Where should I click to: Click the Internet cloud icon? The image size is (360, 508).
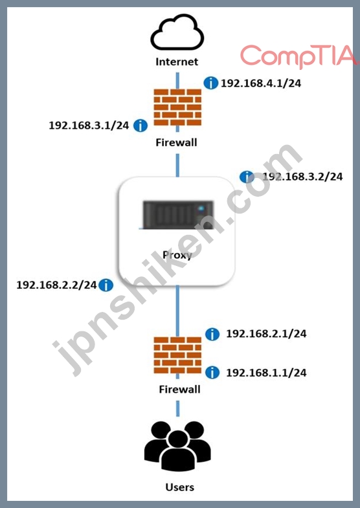pos(177,32)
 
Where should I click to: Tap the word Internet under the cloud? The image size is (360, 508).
pos(177,61)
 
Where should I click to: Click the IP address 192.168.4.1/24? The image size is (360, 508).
pos(261,83)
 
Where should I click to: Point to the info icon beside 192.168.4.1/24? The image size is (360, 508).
pos(210,83)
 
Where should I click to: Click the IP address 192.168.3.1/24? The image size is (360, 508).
pos(89,126)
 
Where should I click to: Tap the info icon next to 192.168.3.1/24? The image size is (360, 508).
pos(141,126)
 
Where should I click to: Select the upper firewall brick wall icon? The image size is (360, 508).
pos(177,107)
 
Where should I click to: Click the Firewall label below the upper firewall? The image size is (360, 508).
pos(176,142)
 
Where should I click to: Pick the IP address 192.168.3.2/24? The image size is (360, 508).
pos(302,177)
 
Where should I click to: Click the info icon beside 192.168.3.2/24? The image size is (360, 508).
pos(247,177)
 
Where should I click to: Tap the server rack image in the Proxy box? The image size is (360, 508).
pos(178,215)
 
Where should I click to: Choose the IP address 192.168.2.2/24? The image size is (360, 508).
pos(56,285)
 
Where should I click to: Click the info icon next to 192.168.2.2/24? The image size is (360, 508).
pos(106,285)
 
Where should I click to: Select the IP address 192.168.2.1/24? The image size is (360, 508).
pos(266,334)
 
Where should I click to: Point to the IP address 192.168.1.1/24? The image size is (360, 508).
pos(266,373)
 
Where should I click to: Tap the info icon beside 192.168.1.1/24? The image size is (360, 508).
pos(212,373)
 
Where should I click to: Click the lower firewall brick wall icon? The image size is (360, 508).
pos(177,355)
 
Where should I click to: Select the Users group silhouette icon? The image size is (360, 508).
pos(177,446)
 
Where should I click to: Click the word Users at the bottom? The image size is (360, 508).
pos(179,487)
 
